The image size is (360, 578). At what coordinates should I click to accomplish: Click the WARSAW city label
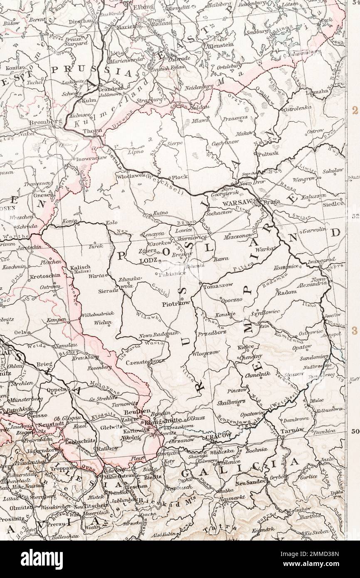click(236, 203)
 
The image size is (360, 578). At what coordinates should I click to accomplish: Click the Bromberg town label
click(46, 123)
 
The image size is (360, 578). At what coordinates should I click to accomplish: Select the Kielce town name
click(245, 346)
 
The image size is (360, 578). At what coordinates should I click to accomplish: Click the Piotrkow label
click(176, 304)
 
